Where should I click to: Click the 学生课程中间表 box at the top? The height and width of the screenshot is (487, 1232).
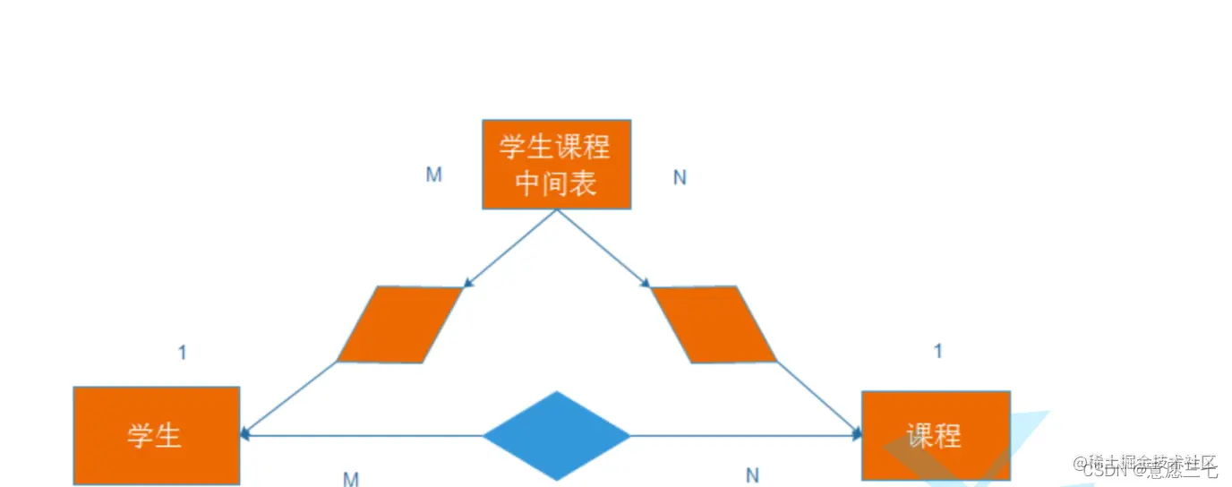tap(556, 164)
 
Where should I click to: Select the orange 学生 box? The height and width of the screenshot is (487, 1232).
tap(156, 435)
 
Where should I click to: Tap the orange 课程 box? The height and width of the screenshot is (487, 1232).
tap(935, 435)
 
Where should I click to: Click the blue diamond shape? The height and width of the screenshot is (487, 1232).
tap(556, 435)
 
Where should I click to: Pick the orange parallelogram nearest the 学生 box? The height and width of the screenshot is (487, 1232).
tap(399, 324)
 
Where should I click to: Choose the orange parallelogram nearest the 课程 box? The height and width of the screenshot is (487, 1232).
tap(714, 324)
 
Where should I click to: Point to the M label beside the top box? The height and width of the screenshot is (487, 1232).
tap(433, 175)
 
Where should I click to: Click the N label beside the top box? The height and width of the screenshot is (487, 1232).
tap(680, 177)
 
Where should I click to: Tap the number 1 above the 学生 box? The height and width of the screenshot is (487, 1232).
tap(183, 353)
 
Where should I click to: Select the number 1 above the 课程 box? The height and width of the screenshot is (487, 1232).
tap(938, 351)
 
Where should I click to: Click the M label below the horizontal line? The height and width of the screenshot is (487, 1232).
tap(351, 479)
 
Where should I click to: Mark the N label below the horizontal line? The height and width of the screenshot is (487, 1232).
tap(752, 475)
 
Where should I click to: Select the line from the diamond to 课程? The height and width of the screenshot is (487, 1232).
tap(743, 436)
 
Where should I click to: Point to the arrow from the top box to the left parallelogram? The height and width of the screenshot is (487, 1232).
tap(510, 248)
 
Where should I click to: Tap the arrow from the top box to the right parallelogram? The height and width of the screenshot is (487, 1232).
tap(603, 248)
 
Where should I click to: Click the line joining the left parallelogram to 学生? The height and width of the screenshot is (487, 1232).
tap(288, 398)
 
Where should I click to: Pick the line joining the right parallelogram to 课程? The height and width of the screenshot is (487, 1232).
tap(818, 398)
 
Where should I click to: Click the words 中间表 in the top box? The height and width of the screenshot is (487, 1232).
tap(556, 184)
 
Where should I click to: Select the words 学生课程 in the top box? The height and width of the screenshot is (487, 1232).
tap(556, 146)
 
